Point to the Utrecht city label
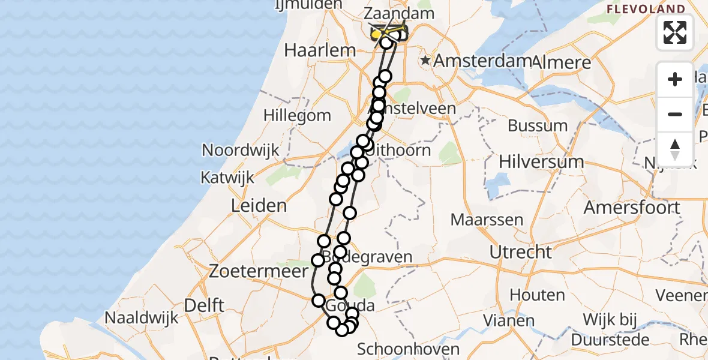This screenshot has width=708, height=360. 520,252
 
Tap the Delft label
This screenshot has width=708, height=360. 204,305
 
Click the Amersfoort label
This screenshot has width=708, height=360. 632,208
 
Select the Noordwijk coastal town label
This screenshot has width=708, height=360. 241,150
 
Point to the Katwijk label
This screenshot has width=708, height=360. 227,178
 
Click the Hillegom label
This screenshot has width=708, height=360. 297,115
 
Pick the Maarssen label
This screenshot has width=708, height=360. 487,220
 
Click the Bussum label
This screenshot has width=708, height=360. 537,126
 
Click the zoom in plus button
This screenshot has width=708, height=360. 675,79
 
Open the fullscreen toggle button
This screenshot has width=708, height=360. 675,32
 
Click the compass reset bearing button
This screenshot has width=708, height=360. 675,149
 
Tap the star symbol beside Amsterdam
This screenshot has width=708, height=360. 425,61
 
